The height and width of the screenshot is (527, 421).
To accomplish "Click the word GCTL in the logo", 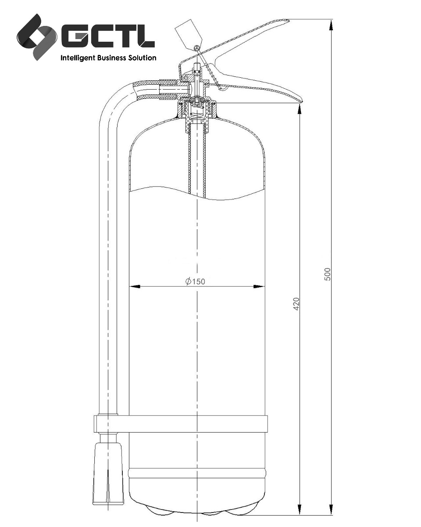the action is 107,36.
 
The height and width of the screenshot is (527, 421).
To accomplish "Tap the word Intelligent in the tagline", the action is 76,58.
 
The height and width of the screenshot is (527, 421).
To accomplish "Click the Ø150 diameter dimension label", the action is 196,282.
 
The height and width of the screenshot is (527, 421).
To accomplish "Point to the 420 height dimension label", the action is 296,303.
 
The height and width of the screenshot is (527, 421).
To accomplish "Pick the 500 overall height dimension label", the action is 327,274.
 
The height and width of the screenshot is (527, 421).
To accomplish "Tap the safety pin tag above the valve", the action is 185,31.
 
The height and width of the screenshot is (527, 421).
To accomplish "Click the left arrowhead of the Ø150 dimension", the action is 134,287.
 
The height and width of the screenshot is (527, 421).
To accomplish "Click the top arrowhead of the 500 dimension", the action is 332,25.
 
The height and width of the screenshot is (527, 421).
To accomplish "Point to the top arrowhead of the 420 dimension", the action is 300,109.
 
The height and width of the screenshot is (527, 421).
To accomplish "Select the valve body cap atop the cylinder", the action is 197,108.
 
